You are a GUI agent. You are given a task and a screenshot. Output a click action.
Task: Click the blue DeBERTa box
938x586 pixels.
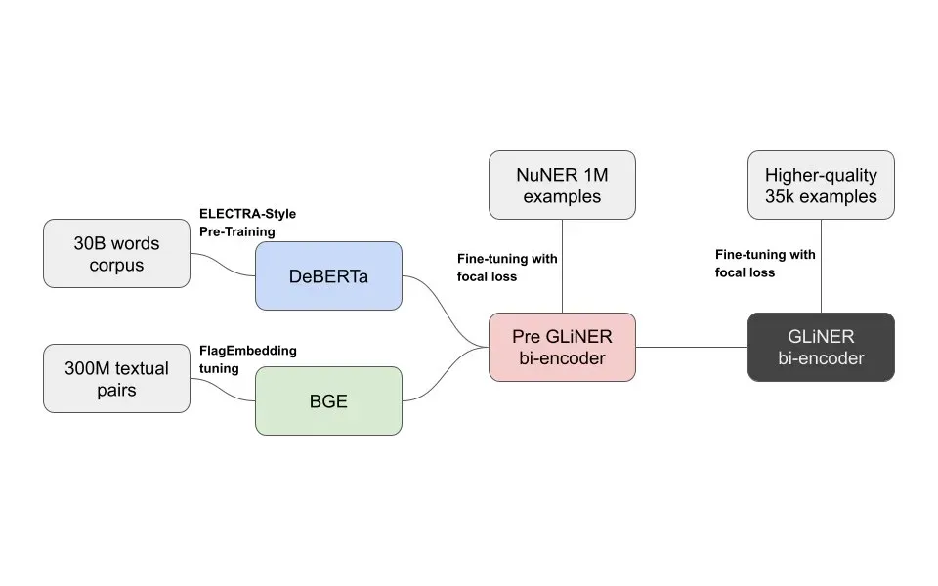click(328, 276)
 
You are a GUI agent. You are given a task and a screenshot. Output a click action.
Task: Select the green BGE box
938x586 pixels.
click(328, 400)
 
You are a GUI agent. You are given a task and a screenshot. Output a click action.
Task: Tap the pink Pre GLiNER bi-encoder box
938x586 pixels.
click(562, 347)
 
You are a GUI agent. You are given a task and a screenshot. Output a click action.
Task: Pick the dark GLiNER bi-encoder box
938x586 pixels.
click(821, 347)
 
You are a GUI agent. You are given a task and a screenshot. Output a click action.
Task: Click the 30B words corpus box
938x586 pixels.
click(116, 253)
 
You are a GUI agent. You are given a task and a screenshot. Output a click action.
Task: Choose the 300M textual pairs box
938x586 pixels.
click(116, 379)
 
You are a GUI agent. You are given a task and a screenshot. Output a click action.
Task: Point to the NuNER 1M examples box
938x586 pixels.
click(562, 185)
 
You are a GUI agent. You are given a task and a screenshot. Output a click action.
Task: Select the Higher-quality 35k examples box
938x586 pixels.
click(821, 185)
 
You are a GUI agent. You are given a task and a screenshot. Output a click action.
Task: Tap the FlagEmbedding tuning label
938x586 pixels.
click(247, 358)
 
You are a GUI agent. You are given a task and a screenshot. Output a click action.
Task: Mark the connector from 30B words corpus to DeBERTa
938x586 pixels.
click(223, 264)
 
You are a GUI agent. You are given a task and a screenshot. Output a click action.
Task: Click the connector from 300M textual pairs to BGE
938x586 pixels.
click(223, 389)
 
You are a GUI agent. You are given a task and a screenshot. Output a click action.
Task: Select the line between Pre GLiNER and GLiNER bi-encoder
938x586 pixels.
click(692, 347)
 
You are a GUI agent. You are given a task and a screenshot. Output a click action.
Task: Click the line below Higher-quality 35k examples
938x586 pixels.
click(821, 266)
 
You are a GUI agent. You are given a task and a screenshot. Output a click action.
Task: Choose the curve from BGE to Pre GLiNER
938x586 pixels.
click(446, 376)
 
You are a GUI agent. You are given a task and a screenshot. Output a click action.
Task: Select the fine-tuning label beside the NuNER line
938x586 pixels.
click(506, 266)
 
